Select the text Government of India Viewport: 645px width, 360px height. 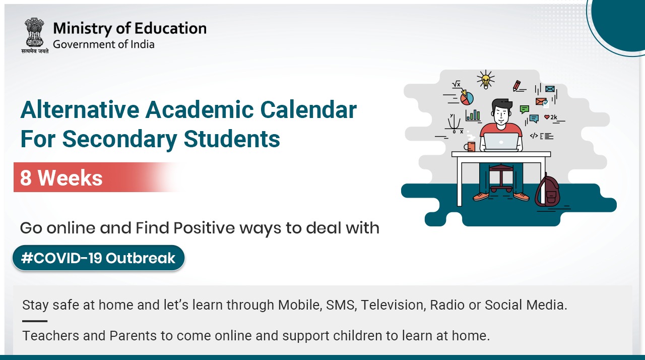coord(104,44)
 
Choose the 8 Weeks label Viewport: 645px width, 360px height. coord(61,177)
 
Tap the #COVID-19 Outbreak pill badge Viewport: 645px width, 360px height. coord(99,258)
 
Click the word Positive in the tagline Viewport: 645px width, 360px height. coord(204,228)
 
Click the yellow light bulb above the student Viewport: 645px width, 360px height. coord(485,80)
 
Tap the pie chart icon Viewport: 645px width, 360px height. coord(467,97)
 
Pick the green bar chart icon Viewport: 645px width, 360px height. coord(473,115)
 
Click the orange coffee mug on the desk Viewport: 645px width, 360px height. coord(471,147)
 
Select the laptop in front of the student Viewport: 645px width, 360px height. coord(501,142)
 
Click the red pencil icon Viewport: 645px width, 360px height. coord(517,86)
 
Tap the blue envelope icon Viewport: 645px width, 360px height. coord(550,89)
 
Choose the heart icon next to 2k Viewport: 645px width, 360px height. coord(547,117)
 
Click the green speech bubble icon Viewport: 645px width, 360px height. coord(525,108)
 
